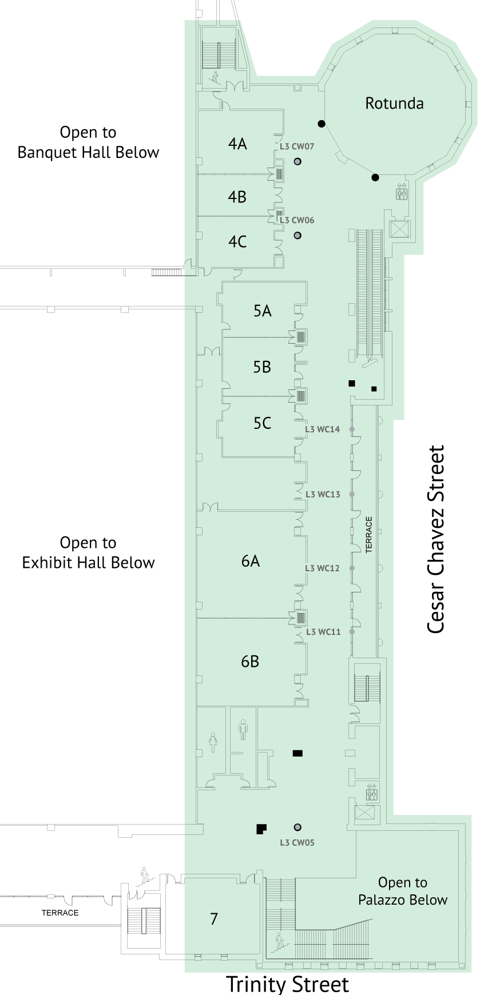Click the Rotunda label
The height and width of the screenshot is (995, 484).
[394, 104]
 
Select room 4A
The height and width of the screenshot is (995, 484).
[237, 144]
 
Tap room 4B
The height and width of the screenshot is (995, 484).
[237, 197]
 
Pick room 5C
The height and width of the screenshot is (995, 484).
[262, 423]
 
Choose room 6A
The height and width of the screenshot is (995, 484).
[251, 561]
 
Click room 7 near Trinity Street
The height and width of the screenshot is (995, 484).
[214, 919]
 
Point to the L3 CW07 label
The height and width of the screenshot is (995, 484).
[297, 146]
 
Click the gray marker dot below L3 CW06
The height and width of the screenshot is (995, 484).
[297, 236]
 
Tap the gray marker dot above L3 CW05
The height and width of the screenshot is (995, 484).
[297, 827]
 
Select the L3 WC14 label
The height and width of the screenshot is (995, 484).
[322, 429]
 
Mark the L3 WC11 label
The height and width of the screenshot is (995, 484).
[323, 632]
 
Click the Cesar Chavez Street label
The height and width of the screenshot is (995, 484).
[436, 539]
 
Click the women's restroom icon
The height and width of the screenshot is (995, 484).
[213, 742]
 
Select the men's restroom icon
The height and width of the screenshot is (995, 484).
[243, 730]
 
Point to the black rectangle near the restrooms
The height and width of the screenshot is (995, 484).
[297, 753]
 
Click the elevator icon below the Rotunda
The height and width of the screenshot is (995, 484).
[402, 193]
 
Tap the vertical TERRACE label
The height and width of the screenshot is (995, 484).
[369, 535]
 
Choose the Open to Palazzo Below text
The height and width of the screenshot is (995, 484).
[403, 891]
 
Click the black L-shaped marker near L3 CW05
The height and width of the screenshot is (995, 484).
[261, 829]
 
